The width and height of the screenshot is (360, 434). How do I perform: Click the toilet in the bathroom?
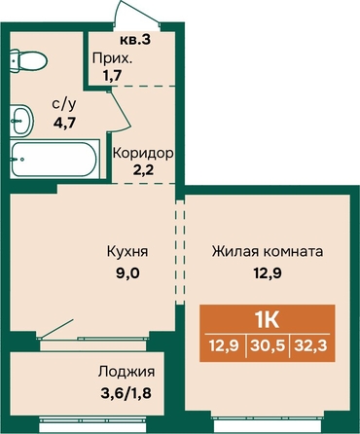tap(28, 60)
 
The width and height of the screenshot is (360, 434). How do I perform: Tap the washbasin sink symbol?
tap(21, 121)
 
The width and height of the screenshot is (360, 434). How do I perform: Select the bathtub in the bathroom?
tap(54, 159)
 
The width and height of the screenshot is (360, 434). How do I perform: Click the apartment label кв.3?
tap(135, 40)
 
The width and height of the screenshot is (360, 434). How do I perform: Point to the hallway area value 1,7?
tap(112, 76)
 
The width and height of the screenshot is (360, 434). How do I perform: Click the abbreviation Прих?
tap(113, 59)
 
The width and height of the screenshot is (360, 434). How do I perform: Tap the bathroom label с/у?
tap(64, 104)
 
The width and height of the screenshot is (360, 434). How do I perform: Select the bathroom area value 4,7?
tap(65, 123)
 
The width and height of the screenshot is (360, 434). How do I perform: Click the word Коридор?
tap(143, 154)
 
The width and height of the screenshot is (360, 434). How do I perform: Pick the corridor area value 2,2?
tap(143, 170)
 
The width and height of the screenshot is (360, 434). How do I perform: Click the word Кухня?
tap(127, 252)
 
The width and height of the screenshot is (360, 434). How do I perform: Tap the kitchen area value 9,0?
tap(127, 273)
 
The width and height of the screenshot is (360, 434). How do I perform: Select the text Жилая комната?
tap(268, 252)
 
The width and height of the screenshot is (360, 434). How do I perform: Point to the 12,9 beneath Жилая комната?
tap(268, 273)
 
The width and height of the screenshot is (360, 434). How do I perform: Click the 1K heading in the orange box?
tap(268, 321)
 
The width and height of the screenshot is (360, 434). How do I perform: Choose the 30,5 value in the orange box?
tap(268, 345)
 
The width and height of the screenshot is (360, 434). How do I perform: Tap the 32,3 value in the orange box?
tap(310, 345)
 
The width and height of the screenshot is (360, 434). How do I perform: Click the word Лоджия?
tap(126, 372)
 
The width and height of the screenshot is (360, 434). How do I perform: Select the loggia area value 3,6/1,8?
tap(126, 393)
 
